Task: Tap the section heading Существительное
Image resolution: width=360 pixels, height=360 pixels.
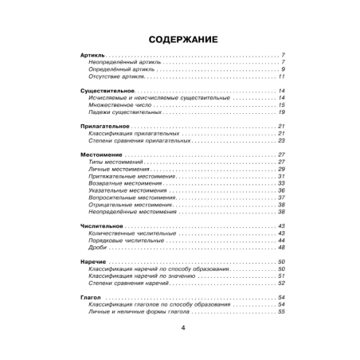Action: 108,92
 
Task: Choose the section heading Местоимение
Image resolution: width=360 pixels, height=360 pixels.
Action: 101,154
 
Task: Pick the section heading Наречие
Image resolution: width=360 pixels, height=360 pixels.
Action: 93,262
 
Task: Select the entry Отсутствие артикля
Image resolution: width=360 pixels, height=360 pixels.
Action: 118,76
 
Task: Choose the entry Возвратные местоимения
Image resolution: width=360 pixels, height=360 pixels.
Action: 125,183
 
